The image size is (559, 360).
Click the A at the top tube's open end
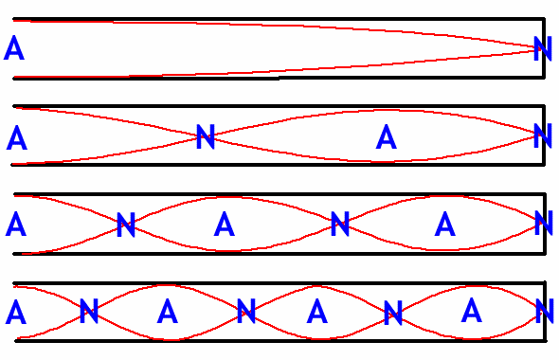pyautogui.click(x=14, y=47)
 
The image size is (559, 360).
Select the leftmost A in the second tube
pyautogui.click(x=16, y=138)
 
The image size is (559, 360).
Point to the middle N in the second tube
pyautogui.click(x=205, y=137)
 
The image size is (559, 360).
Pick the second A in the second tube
pyautogui.click(x=385, y=138)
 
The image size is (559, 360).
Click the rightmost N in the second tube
pyautogui.click(x=543, y=137)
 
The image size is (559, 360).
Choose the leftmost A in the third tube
pyautogui.click(x=15, y=225)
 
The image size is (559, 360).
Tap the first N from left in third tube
pyautogui.click(x=125, y=225)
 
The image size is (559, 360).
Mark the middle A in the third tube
pyautogui.click(x=225, y=225)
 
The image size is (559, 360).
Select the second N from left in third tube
pyautogui.click(x=340, y=225)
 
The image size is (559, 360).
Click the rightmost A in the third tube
pyautogui.click(x=445, y=224)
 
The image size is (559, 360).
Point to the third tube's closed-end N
pyautogui.click(x=543, y=224)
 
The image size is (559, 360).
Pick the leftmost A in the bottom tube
pyautogui.click(x=15, y=312)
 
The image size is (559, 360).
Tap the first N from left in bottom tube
pyautogui.click(x=89, y=311)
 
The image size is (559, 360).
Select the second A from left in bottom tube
pyautogui.click(x=167, y=311)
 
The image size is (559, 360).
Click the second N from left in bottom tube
pyautogui.click(x=245, y=310)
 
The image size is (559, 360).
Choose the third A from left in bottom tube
pyautogui.click(x=317, y=311)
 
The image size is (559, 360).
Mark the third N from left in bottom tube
pyautogui.click(x=393, y=311)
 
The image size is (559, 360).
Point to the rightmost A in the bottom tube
pyautogui.click(x=470, y=310)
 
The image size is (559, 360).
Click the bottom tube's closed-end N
pyautogui.click(x=543, y=310)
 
